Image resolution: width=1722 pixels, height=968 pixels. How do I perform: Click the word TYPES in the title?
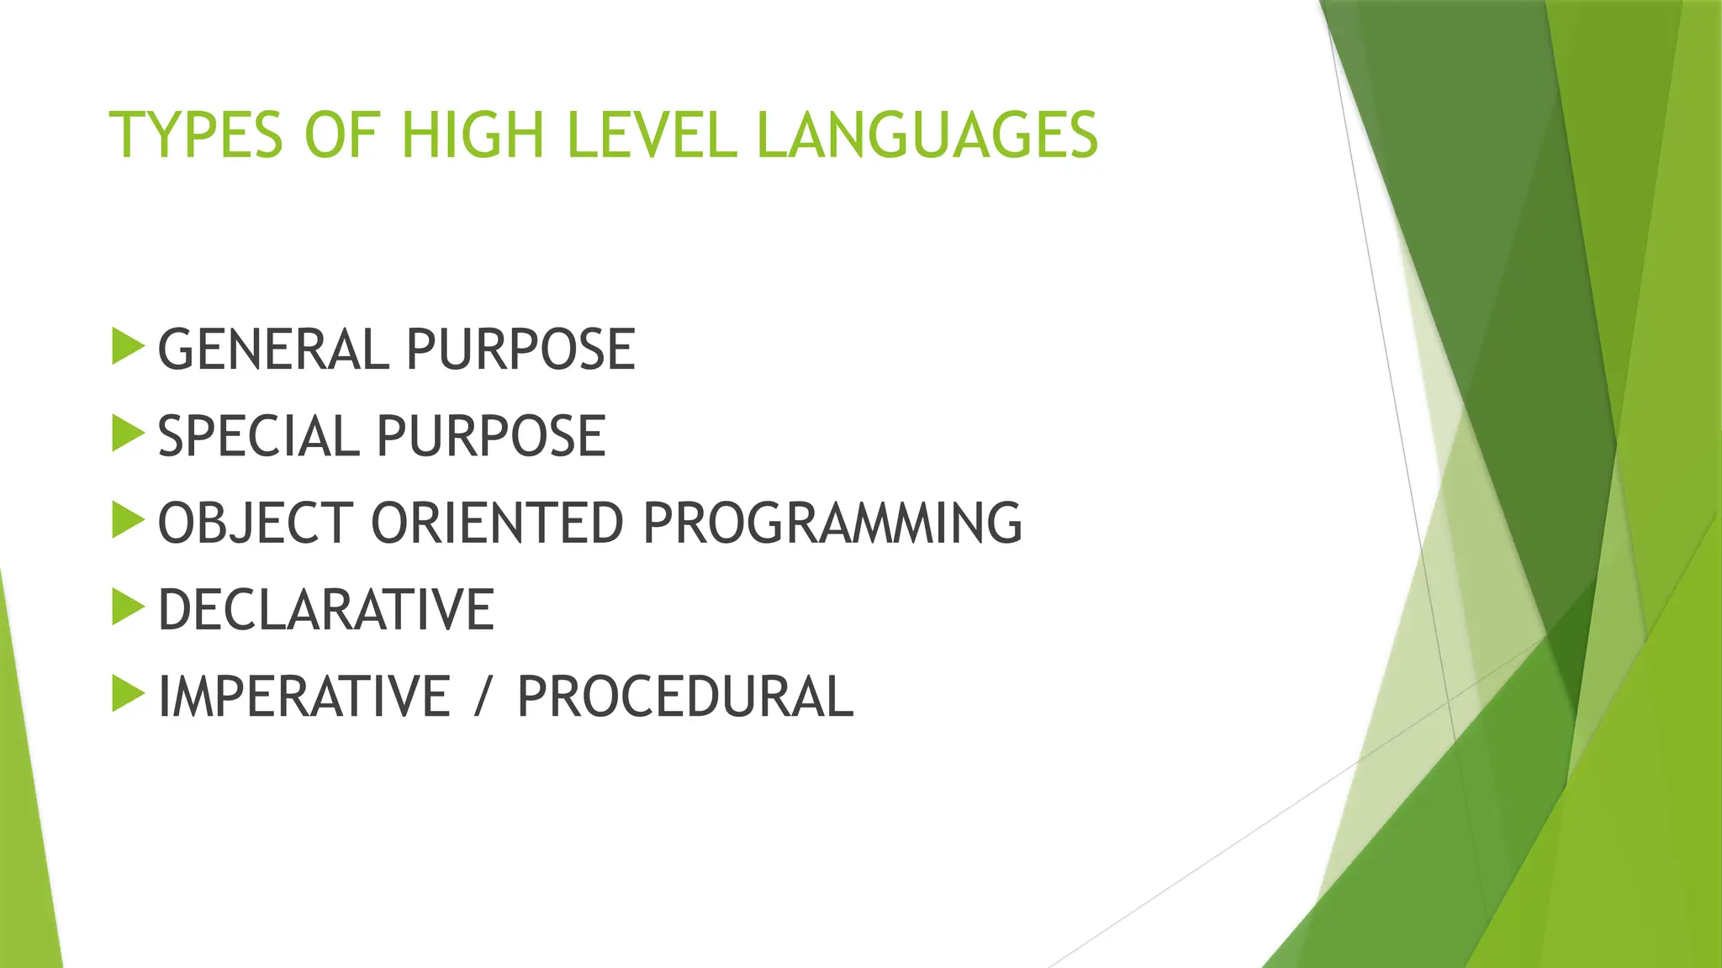[196, 135]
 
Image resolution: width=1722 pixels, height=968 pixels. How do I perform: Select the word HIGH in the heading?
[473, 135]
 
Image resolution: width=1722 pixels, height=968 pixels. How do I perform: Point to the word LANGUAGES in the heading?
[927, 135]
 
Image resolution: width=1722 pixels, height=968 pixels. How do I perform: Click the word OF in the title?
[341, 135]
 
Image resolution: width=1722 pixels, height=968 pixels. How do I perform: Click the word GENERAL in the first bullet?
[272, 350]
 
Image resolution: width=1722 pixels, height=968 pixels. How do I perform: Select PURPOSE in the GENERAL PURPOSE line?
[520, 350]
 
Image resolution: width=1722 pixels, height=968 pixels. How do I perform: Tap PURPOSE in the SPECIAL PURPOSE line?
[490, 437]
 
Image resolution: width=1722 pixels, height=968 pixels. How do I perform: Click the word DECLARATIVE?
[326, 610]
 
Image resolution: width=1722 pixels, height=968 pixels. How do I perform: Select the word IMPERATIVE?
[304, 697]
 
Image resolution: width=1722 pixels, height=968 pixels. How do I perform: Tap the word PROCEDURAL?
[684, 697]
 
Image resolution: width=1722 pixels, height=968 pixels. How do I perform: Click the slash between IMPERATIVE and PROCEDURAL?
[482, 697]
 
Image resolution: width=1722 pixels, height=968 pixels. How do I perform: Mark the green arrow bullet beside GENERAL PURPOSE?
[127, 347]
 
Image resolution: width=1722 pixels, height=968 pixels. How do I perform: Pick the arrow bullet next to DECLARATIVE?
[127, 608]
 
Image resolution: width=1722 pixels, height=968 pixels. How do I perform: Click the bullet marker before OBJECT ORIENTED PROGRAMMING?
[127, 521]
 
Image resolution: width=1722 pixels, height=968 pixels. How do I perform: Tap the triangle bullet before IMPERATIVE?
[127, 694]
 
